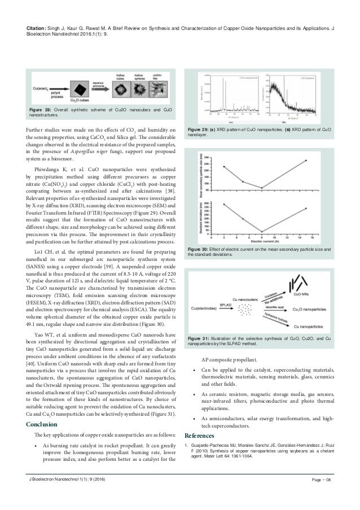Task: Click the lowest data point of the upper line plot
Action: [261, 188]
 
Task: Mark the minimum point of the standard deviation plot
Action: [261, 231]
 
